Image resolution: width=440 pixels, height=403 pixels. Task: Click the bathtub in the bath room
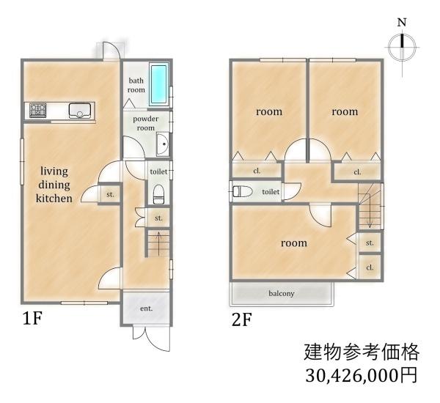pyautogui.click(x=159, y=85)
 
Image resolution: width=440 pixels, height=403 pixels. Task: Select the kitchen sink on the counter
pyautogui.click(x=79, y=111)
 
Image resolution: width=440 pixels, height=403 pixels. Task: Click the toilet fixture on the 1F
pyautogui.click(x=158, y=193)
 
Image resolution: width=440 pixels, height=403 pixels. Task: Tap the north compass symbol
pyautogui.click(x=401, y=47)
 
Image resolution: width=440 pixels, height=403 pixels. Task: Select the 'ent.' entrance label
pyautogui.click(x=146, y=308)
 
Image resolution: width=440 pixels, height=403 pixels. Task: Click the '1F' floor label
pyautogui.click(x=34, y=319)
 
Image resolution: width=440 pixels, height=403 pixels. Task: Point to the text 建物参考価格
pyautogui.click(x=361, y=352)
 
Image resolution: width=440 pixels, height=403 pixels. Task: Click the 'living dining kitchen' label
pyautogui.click(x=55, y=185)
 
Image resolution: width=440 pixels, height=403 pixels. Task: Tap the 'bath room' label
pyautogui.click(x=136, y=85)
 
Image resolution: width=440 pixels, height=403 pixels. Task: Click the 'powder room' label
pyautogui.click(x=145, y=123)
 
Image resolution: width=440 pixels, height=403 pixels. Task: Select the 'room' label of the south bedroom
pyautogui.click(x=292, y=243)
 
